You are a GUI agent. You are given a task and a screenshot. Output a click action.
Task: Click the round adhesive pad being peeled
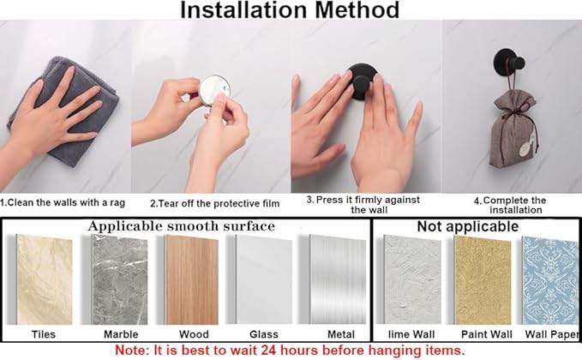(213, 90)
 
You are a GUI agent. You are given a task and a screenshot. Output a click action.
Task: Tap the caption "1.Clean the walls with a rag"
(63, 202)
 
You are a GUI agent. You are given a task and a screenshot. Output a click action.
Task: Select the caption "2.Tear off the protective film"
(215, 203)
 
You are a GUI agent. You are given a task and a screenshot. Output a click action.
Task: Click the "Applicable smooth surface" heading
(182, 226)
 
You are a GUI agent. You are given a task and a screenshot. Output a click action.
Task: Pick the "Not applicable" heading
(468, 226)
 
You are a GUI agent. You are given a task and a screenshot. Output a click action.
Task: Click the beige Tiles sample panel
(45, 279)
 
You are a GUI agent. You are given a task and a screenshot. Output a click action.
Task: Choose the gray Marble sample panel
(119, 279)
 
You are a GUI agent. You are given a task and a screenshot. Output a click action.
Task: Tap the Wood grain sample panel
(191, 279)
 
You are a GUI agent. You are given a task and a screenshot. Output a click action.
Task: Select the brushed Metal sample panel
(338, 279)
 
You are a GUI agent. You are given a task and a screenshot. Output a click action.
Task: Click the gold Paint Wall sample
(483, 280)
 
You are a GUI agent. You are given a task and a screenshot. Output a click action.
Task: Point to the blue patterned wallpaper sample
(551, 280)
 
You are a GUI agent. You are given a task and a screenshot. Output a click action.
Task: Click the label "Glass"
(264, 334)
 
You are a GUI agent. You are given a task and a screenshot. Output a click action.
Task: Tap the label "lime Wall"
(411, 334)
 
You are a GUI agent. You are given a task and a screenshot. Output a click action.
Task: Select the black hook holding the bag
(508, 63)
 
